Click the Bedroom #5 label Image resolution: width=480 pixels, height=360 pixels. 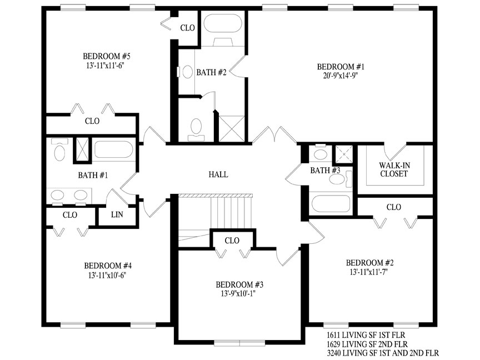[x=107, y=56]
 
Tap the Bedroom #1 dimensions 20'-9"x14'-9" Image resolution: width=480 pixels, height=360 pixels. [x=341, y=76]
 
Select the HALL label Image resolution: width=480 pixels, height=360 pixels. [x=218, y=174]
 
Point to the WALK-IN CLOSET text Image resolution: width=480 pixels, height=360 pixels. [x=394, y=169]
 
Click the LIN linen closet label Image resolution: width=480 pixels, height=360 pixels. [x=117, y=214]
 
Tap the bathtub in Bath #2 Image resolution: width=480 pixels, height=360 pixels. [x=223, y=23]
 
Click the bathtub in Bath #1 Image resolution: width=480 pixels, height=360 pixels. [x=113, y=149]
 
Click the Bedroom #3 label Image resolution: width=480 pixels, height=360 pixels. [x=239, y=284]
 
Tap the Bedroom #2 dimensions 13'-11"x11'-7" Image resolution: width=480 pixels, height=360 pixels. [x=369, y=272]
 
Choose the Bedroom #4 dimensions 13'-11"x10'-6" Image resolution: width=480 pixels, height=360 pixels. [x=107, y=275]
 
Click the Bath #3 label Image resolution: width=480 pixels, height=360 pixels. [x=325, y=171]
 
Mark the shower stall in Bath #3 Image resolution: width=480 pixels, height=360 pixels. [x=344, y=154]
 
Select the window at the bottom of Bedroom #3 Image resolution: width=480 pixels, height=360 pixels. [x=239, y=343]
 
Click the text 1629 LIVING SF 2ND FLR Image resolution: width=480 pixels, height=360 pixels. [x=367, y=344]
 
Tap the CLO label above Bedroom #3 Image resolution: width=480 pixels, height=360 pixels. [x=232, y=241]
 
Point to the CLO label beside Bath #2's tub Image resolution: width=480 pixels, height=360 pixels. [x=187, y=28]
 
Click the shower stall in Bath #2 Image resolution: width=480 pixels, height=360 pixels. [x=232, y=128]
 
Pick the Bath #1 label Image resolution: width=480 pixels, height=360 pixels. [x=93, y=175]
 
